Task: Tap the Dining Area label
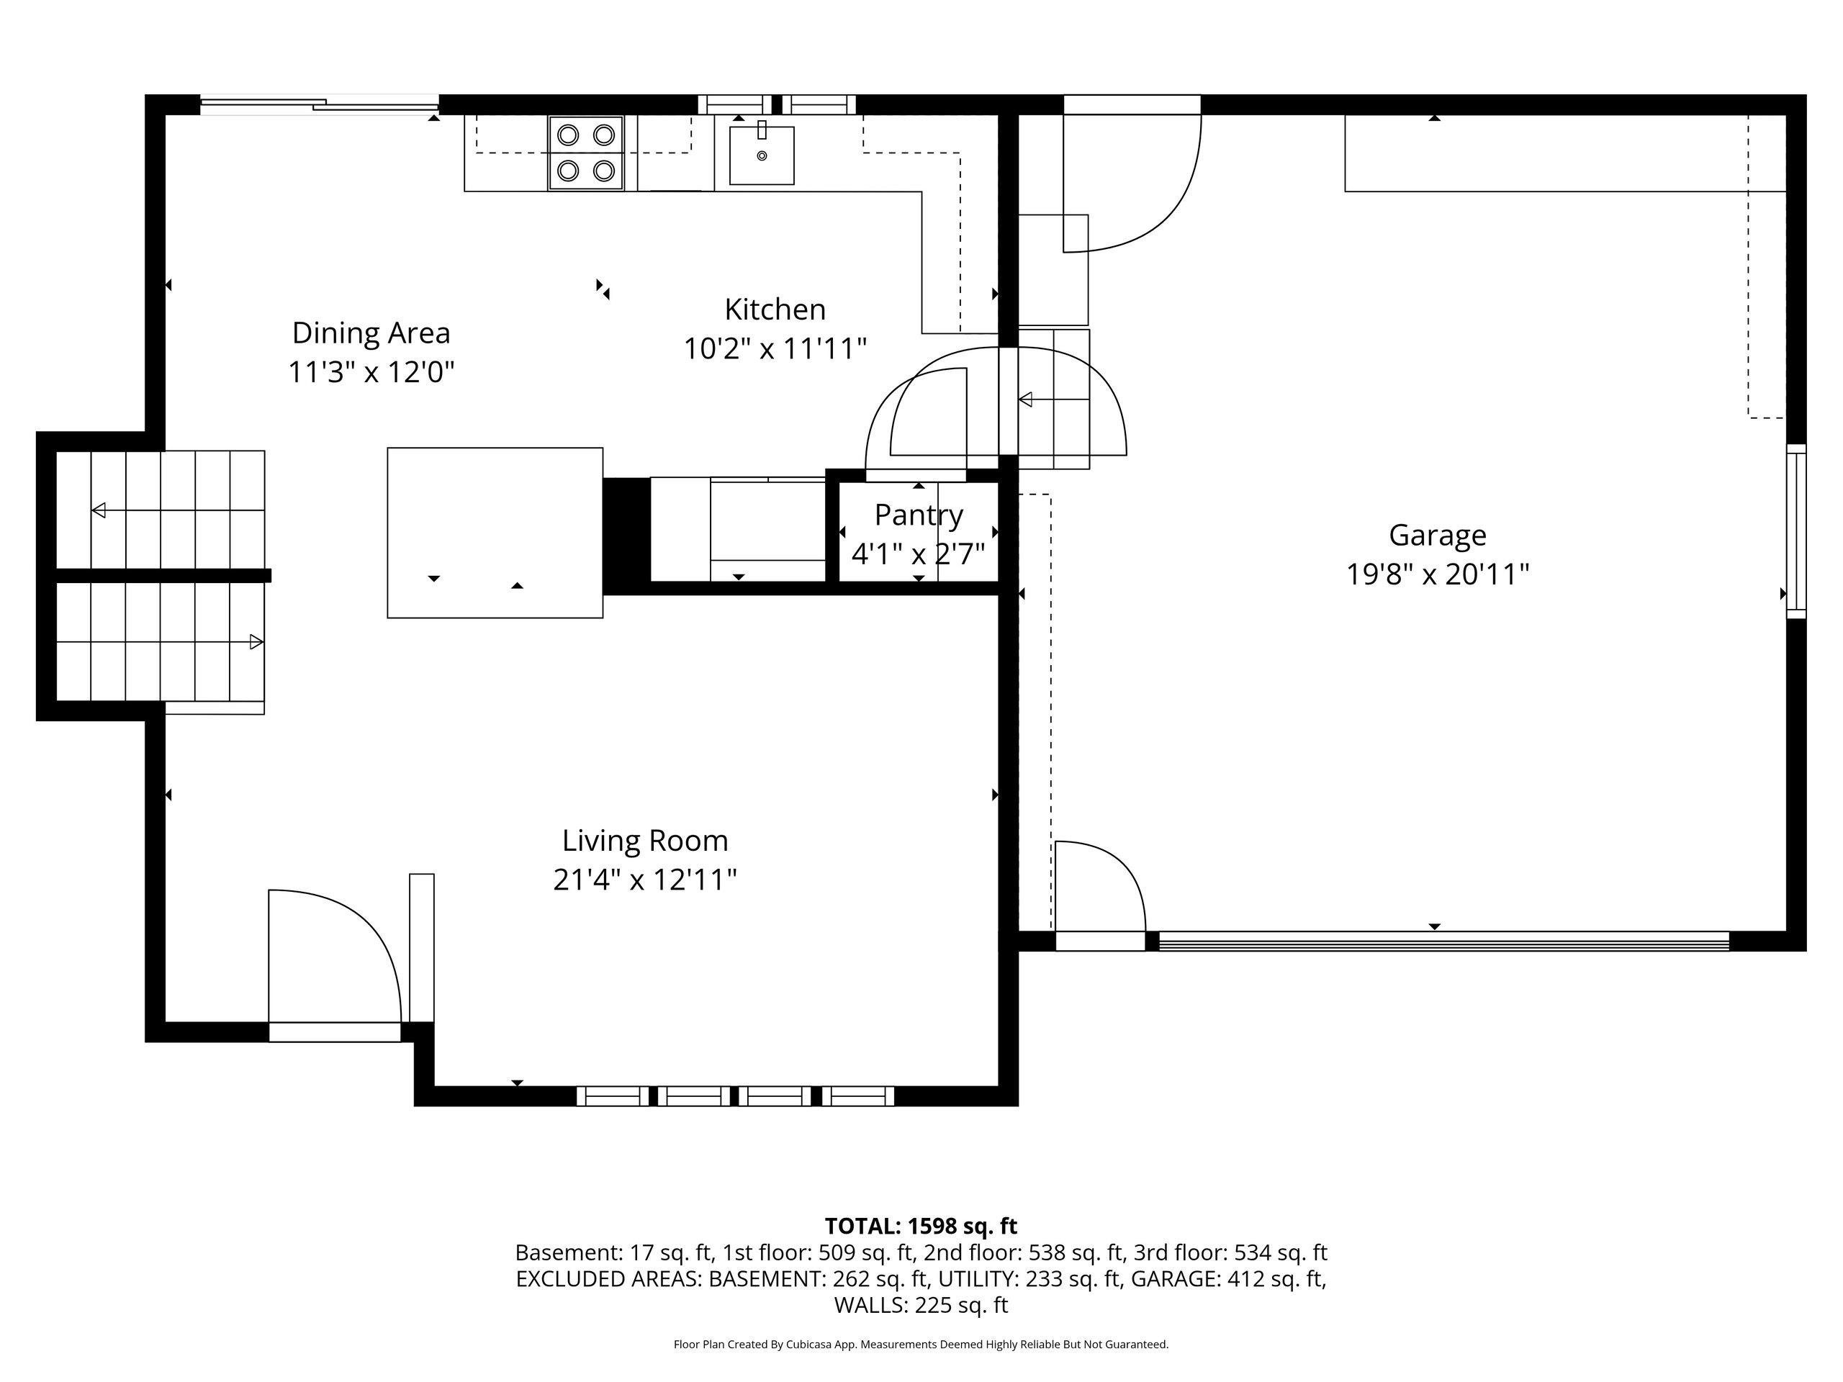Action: point(371,333)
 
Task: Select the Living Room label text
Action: point(645,841)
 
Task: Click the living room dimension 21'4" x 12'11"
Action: point(645,880)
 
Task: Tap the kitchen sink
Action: point(762,155)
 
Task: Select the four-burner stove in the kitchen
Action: point(586,153)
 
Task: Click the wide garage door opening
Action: point(1444,941)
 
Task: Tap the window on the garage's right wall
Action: point(1795,531)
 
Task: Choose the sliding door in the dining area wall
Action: point(318,105)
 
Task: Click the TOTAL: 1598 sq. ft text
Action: point(921,1227)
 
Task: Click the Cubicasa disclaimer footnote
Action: point(921,1344)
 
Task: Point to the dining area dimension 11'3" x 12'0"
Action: point(371,372)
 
